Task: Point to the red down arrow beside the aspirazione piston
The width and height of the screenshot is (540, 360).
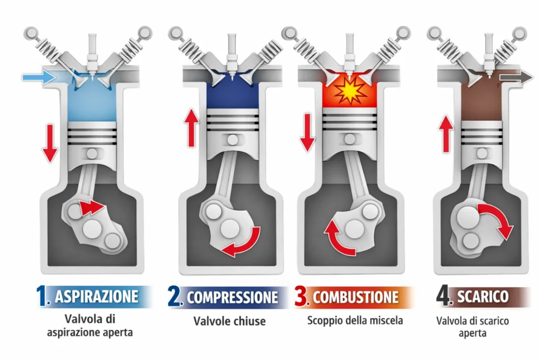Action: pyautogui.click(x=50, y=143)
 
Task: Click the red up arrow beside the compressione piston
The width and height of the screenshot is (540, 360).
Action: pyautogui.click(x=191, y=128)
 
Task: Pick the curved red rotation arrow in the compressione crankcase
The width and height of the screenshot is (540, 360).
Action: pyautogui.click(x=244, y=242)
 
